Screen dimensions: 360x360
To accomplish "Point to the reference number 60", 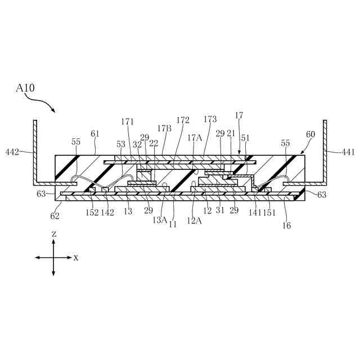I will (310, 135).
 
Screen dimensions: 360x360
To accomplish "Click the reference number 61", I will (94, 134).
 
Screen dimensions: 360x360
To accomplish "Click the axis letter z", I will (53, 233).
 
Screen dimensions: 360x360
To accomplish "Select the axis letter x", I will (76, 258).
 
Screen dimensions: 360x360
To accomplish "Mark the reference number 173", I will (210, 119).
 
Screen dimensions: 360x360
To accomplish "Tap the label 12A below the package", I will (194, 220).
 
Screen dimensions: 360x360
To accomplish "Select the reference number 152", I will (92, 212).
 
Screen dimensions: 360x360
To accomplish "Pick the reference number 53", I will (121, 145).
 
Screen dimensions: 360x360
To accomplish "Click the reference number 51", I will (245, 137).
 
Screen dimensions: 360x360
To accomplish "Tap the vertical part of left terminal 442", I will (35, 152).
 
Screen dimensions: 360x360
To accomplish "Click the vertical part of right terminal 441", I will (325, 152).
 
